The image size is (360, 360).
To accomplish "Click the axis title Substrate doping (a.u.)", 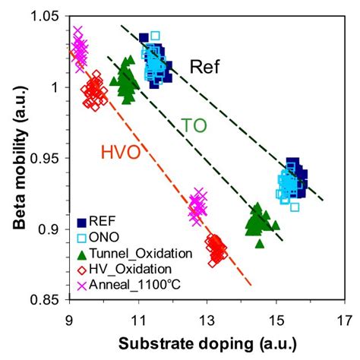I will [207, 341].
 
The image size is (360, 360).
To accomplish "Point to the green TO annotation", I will [194, 125].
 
